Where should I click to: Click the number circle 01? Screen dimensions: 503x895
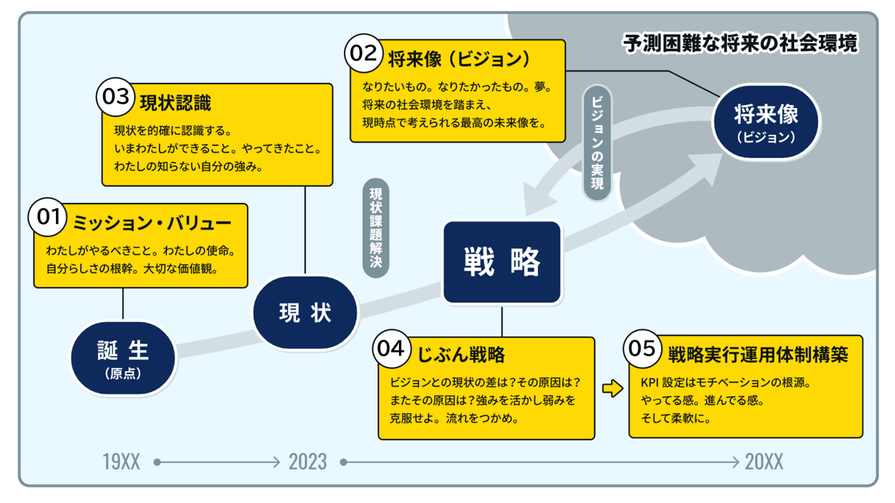pyautogui.click(x=48, y=217)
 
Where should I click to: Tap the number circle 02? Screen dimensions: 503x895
pyautogui.click(x=363, y=54)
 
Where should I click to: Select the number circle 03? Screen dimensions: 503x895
pyautogui.click(x=116, y=97)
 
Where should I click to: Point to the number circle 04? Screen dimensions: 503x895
pyautogui.click(x=392, y=349)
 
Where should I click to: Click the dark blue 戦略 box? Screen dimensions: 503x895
pyautogui.click(x=502, y=262)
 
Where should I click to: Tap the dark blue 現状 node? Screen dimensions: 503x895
pyautogui.click(x=305, y=313)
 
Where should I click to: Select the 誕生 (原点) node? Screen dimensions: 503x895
pyautogui.click(x=123, y=357)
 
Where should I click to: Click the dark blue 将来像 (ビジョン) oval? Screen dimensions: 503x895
pyautogui.click(x=766, y=121)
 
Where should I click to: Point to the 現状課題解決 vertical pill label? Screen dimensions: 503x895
pyautogui.click(x=376, y=228)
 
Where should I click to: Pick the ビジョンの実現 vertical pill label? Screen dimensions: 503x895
pyautogui.click(x=597, y=142)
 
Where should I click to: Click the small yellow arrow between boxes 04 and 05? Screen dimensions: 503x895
pyautogui.click(x=612, y=388)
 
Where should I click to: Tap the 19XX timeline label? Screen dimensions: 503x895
pyautogui.click(x=121, y=462)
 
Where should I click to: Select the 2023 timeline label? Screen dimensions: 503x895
pyautogui.click(x=307, y=462)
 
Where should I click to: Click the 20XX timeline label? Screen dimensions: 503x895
pyautogui.click(x=764, y=462)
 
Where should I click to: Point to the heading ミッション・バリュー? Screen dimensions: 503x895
pyautogui.click(x=151, y=223)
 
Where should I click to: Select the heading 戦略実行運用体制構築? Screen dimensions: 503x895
pyautogui.click(x=757, y=354)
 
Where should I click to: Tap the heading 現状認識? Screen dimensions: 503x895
pyautogui.click(x=175, y=103)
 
